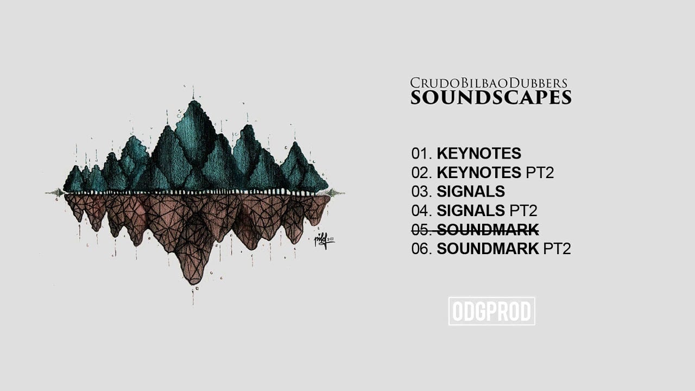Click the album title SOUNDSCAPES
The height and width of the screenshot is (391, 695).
tap(491, 98)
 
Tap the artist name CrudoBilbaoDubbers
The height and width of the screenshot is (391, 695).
tap(489, 83)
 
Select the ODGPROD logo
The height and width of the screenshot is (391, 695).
tap(491, 311)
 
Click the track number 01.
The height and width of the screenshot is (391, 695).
tap(421, 154)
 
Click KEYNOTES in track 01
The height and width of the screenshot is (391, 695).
tap(478, 154)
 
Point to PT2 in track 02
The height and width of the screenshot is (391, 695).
tap(540, 173)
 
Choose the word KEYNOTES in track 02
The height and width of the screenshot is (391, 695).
tap(478, 173)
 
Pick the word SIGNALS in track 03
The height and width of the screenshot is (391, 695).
tap(470, 192)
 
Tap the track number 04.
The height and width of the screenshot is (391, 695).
tap(421, 211)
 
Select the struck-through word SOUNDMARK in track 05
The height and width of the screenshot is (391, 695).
tap(488, 230)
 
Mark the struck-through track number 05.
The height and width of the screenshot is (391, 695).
tap(421, 230)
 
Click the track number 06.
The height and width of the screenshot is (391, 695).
tap(421, 249)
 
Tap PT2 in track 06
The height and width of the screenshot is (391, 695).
tap(557, 249)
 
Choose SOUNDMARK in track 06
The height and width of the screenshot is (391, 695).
tap(488, 249)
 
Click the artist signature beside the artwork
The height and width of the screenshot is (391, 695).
tap(324, 241)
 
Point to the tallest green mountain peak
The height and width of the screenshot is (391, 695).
tap(193, 103)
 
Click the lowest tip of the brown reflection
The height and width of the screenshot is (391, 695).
tap(192, 282)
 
